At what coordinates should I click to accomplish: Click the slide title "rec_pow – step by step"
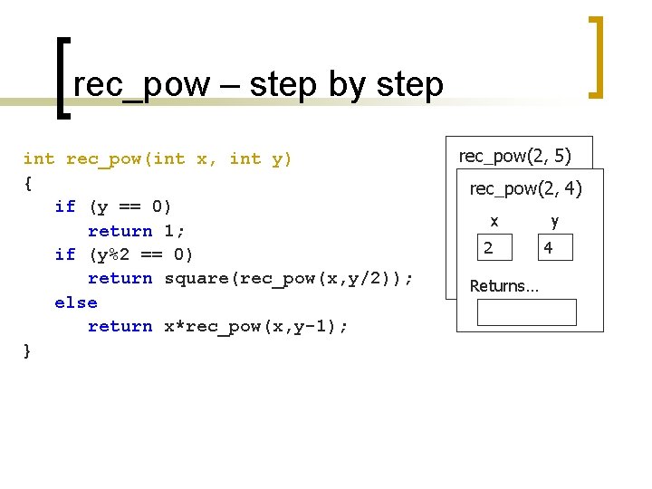258,84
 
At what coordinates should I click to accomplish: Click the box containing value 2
495,247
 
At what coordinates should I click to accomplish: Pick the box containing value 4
555,247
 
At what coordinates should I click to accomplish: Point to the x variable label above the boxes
494,221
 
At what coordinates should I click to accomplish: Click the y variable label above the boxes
554,221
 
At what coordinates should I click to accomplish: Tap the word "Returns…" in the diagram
503,286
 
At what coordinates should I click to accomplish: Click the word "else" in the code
76,302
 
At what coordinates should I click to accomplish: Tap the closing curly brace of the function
27,350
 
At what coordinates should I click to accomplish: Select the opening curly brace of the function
28,183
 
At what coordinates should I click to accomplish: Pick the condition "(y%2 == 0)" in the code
141,254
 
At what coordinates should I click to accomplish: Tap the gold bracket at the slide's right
597,56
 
